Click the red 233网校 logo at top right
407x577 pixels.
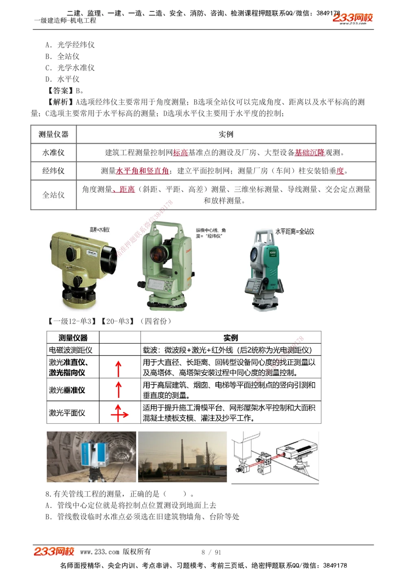[352, 18]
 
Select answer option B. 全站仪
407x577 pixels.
[63, 56]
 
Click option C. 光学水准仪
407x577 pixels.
[70, 68]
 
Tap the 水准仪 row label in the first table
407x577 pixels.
[53, 153]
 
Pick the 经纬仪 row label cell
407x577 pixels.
[53, 171]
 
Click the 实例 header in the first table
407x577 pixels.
[226, 134]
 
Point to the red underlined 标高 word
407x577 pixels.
[180, 153]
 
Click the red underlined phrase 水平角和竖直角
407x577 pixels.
[142, 171]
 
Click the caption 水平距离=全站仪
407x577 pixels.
[295, 232]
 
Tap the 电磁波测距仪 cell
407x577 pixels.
[71, 350]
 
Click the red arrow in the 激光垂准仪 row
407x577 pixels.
[119, 389]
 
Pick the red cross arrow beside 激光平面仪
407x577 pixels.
[119, 413]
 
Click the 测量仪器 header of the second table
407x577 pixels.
[73, 338]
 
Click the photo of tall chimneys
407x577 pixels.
[182, 457]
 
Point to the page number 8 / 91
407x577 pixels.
[211, 552]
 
